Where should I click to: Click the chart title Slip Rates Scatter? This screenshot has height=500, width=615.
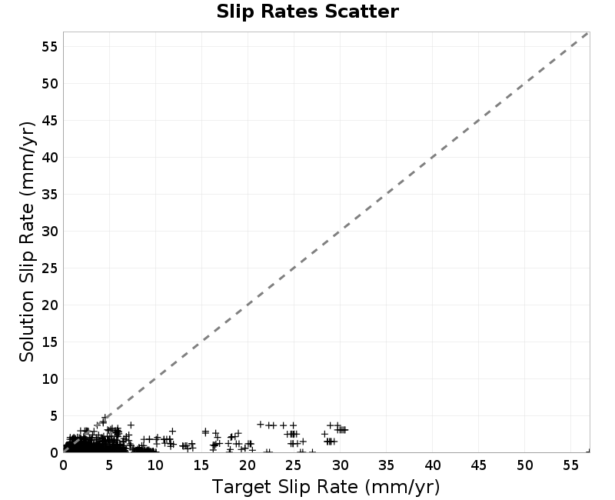(x=307, y=12)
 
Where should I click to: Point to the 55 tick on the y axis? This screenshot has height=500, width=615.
(x=50, y=47)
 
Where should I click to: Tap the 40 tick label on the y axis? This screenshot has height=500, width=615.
(x=50, y=158)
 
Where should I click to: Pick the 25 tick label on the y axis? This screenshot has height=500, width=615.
(x=50, y=268)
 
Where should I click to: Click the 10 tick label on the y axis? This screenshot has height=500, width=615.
(x=50, y=379)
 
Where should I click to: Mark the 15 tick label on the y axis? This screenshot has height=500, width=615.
(x=50, y=342)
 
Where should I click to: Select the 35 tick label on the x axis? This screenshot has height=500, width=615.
(x=387, y=465)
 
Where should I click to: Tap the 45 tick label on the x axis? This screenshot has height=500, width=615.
(x=478, y=465)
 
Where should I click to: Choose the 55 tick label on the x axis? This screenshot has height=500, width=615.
(x=570, y=465)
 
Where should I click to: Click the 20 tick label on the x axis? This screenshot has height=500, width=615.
(x=248, y=465)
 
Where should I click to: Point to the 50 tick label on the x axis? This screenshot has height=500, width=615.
(x=525, y=465)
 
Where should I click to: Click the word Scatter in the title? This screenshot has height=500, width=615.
(x=361, y=12)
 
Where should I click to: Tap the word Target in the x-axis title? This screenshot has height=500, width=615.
(x=241, y=487)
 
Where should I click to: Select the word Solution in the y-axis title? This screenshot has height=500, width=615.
(x=27, y=325)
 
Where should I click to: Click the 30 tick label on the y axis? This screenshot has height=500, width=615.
(x=50, y=232)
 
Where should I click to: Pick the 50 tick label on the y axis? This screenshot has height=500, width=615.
(x=50, y=84)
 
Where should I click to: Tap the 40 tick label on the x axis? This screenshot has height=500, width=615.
(x=433, y=465)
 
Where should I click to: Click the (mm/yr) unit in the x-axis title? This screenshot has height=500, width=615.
(x=402, y=488)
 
